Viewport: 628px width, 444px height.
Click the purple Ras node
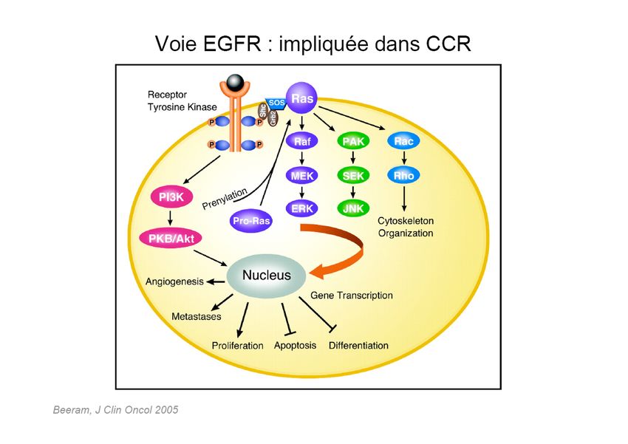click(301, 98)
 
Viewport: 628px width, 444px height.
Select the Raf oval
click(301, 141)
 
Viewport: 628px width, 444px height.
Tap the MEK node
click(301, 176)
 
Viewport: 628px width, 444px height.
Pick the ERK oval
click(301, 209)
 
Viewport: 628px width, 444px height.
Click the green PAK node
click(352, 141)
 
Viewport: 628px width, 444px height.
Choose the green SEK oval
click(352, 176)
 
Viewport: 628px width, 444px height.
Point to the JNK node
click(352, 209)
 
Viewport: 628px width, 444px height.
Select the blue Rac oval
click(403, 141)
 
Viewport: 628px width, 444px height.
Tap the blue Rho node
click(403, 176)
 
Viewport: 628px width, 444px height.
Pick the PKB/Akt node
click(171, 238)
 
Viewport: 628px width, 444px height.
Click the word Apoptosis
click(295, 346)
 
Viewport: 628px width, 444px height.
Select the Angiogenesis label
click(175, 281)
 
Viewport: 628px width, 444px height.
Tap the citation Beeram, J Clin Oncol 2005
click(115, 409)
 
